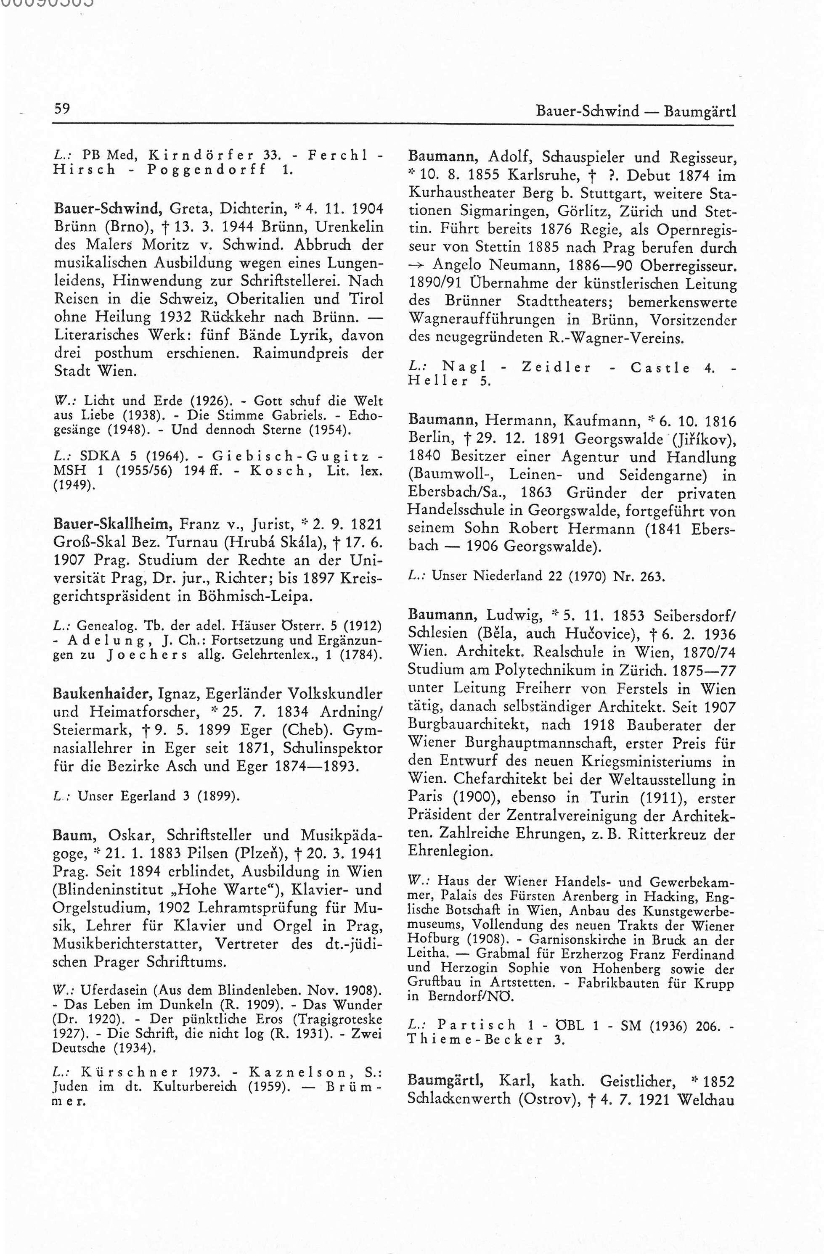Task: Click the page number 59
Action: [62, 109]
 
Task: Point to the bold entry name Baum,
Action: [73, 835]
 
